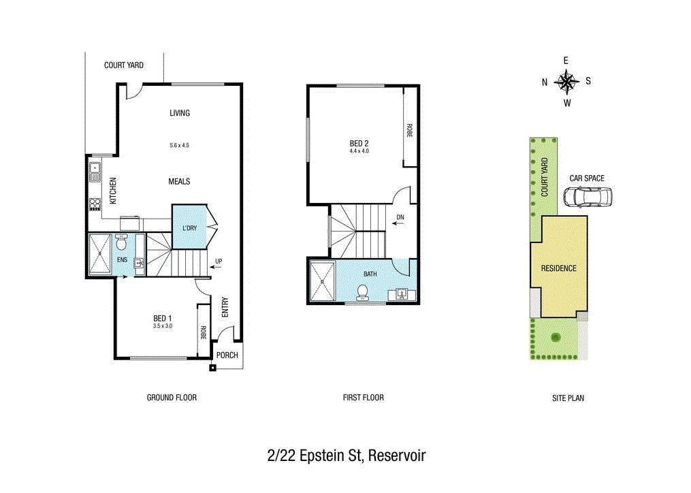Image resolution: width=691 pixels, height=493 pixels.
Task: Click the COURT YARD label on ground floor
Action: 123,65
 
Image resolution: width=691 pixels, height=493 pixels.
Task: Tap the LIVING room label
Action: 180,113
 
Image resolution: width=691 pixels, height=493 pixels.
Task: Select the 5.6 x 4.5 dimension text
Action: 180,145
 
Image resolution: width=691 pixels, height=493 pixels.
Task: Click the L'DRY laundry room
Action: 189,227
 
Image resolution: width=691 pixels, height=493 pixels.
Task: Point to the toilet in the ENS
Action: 122,242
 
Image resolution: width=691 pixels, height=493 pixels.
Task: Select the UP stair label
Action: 218,261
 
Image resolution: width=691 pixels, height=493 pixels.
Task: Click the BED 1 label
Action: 162,318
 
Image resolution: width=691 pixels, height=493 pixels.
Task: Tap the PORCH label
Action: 227,355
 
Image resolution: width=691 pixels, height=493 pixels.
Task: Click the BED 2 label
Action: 359,144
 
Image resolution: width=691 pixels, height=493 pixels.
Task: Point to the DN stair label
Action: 400,218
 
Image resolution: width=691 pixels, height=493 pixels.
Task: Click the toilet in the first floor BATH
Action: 363,291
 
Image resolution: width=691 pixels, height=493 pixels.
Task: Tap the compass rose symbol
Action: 566,82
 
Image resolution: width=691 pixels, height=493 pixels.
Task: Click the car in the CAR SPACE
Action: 588,197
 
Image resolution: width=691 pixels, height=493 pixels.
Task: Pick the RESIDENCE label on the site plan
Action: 558,268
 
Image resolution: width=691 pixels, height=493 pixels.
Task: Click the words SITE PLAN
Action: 568,398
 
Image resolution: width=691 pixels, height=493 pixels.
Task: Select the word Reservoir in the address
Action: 396,456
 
